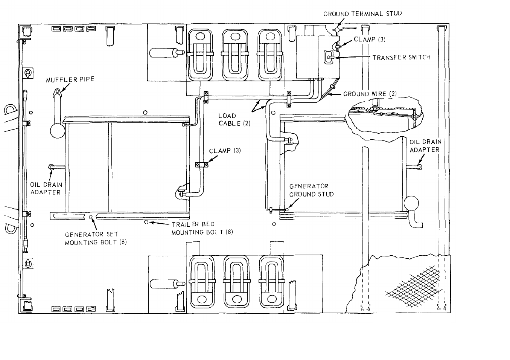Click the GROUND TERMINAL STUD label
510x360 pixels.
click(x=362, y=14)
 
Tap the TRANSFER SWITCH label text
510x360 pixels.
click(x=401, y=58)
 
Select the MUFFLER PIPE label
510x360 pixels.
click(x=70, y=80)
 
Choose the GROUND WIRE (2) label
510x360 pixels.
click(x=370, y=94)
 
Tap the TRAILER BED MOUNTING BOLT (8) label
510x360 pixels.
click(x=202, y=228)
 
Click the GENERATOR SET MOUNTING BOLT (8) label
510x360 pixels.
click(x=96, y=238)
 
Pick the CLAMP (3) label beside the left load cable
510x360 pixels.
click(x=225, y=151)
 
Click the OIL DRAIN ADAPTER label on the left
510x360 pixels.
click(x=46, y=189)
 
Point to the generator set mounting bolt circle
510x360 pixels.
click(x=90, y=217)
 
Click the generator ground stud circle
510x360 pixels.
click(x=287, y=209)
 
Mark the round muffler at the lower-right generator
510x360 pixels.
click(x=411, y=203)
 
